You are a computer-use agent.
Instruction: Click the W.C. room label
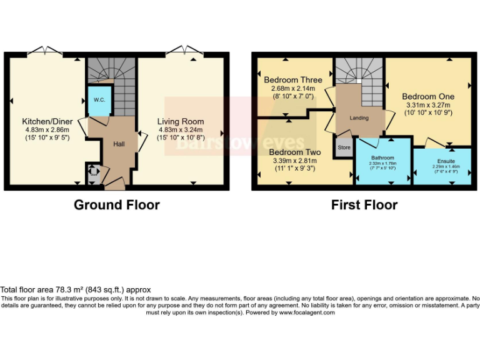pos(99,100)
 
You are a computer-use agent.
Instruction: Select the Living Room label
pos(180,121)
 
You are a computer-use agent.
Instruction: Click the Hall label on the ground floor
pos(119,144)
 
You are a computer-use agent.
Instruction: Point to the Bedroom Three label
pos(292,80)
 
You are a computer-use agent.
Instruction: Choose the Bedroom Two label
pos(295,152)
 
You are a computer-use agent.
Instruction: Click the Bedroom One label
pos(427,97)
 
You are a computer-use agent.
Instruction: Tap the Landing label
pos(359,117)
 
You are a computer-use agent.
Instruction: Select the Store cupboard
pos(344,148)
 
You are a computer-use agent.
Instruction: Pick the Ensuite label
pos(446,161)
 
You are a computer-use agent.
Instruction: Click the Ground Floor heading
pos(116,204)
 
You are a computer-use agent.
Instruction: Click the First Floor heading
pos(364,204)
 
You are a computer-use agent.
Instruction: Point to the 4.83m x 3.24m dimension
pos(180,130)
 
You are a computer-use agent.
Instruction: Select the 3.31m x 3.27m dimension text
pos(427,106)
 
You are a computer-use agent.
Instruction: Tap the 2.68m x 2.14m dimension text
pos(292,89)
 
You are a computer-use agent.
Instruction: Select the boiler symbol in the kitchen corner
pos(92,172)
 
